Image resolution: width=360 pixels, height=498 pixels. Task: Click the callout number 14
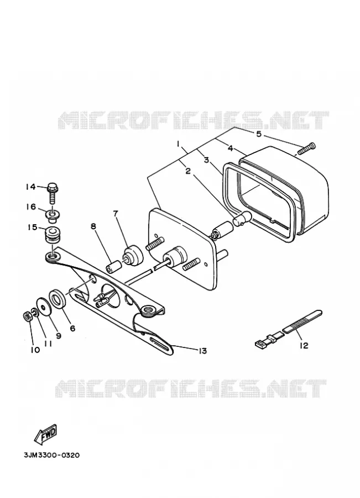point(31,187)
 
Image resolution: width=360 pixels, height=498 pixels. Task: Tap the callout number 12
point(304,345)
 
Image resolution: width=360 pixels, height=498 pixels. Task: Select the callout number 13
point(202,351)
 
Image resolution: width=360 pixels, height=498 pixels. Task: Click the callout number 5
point(259,134)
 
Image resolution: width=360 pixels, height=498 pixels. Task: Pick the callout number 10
point(35,350)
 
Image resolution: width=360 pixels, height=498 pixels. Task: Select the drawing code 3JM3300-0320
point(51,455)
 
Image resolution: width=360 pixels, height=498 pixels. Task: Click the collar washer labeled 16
point(53,215)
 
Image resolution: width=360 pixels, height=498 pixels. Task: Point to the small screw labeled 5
point(305,148)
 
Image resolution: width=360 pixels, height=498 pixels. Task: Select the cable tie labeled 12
point(289,329)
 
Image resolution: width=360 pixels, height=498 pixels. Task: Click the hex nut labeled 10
point(27,316)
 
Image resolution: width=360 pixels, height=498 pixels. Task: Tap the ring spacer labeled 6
point(58,298)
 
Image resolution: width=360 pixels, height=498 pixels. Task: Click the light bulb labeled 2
point(243,219)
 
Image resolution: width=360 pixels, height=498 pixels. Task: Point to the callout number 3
point(206,160)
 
